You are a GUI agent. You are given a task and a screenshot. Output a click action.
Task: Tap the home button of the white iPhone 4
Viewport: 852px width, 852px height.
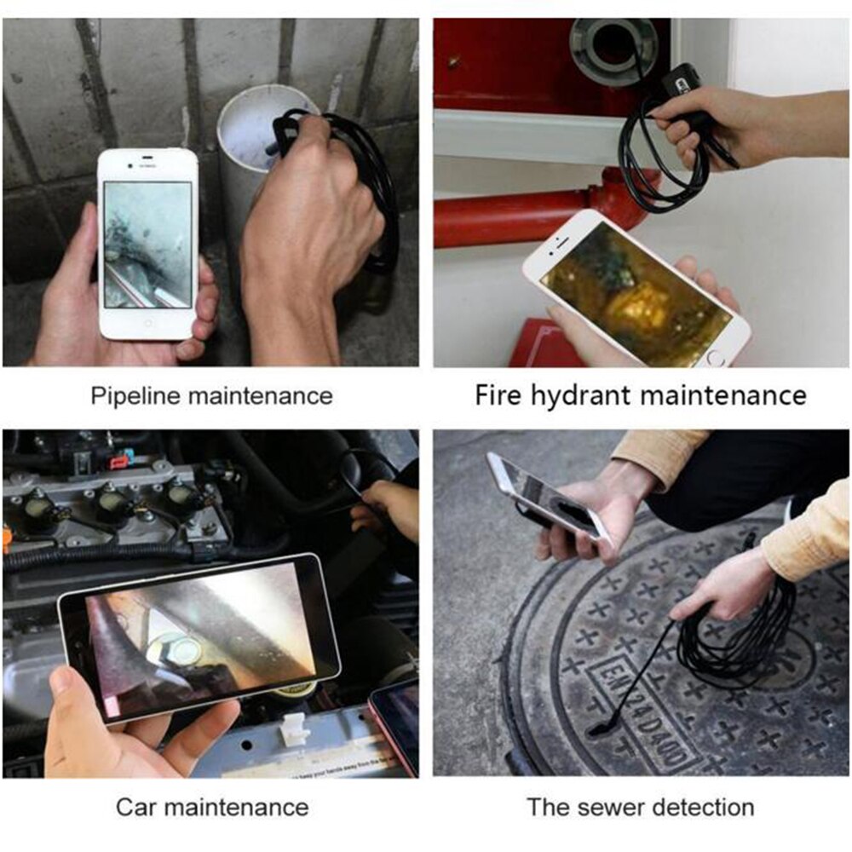click(x=149, y=323)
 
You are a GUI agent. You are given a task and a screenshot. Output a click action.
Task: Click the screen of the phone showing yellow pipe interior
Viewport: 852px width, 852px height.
click(x=636, y=292)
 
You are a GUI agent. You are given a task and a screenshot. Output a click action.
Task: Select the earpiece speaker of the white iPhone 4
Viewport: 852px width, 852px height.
click(x=147, y=160)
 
